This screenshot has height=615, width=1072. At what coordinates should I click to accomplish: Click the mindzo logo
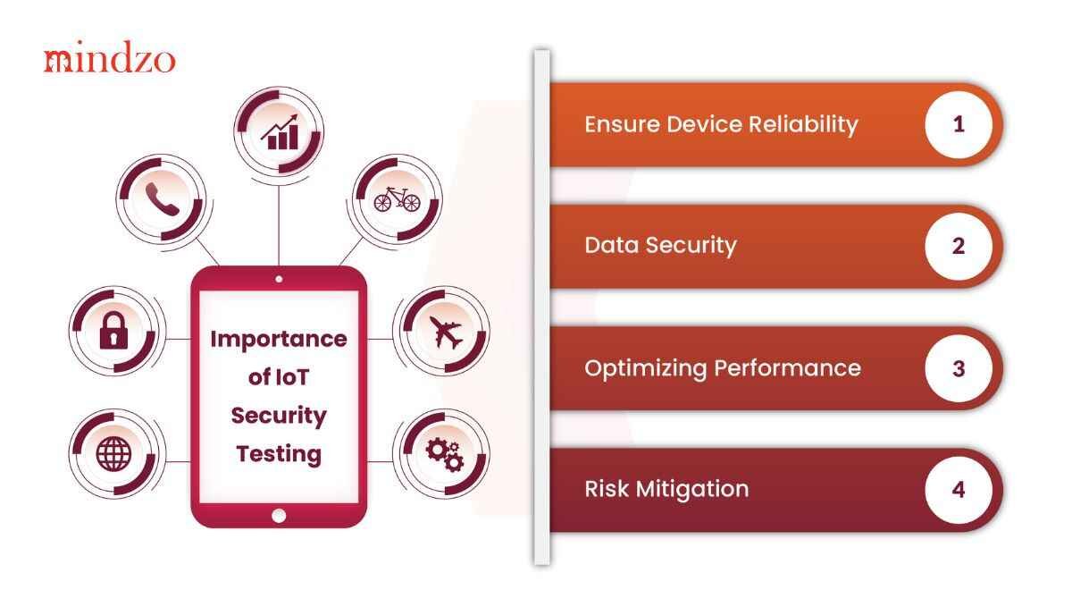[110, 57]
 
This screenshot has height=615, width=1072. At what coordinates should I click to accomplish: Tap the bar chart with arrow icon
[280, 131]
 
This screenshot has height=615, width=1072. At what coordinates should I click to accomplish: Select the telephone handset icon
[163, 199]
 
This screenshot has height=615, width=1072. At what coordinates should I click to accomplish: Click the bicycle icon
[397, 198]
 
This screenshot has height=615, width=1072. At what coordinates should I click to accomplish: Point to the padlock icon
[114, 330]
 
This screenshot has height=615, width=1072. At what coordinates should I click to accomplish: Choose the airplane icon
[446, 332]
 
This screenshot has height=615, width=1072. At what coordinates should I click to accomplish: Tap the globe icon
[113, 453]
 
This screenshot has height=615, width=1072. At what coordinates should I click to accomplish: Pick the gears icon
[445, 455]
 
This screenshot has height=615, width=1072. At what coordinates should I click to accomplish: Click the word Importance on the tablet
[279, 339]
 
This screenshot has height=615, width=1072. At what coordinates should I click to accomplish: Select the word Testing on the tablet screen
[279, 453]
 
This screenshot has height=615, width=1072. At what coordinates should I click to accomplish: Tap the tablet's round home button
[279, 516]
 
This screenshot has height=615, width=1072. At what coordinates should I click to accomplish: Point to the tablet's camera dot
[279, 279]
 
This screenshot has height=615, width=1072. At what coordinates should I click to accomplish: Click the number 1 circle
[959, 124]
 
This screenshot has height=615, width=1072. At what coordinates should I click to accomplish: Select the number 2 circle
[959, 246]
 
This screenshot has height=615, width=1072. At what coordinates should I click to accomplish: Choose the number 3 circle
[959, 368]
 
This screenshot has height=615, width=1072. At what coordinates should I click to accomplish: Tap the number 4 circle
[959, 490]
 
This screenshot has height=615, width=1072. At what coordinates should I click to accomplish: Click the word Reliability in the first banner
[803, 124]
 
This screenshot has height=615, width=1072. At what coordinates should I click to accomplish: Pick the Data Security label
[660, 246]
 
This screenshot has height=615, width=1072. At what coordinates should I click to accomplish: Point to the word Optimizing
[646, 369]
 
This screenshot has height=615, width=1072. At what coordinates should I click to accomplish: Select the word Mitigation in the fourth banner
[692, 490]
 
